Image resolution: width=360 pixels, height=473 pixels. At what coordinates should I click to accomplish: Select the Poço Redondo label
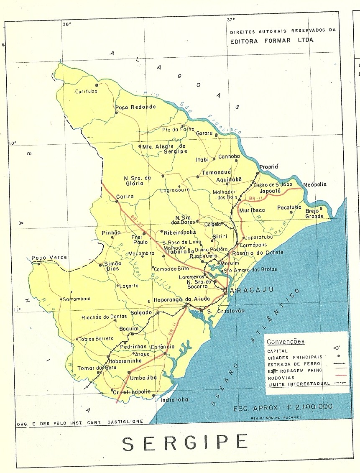(135, 107)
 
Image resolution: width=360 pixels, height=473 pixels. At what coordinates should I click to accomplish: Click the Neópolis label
(315, 184)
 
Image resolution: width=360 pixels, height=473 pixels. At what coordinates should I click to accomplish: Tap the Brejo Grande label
(314, 213)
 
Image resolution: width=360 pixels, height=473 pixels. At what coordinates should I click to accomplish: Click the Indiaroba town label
(174, 399)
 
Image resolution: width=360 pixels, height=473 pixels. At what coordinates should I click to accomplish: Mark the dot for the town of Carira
(117, 202)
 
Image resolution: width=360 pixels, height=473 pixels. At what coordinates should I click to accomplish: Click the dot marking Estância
(165, 353)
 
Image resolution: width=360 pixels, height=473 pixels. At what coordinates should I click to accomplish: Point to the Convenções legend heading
(286, 342)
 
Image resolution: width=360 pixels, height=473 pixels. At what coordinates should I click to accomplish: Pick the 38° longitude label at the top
(67, 24)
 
